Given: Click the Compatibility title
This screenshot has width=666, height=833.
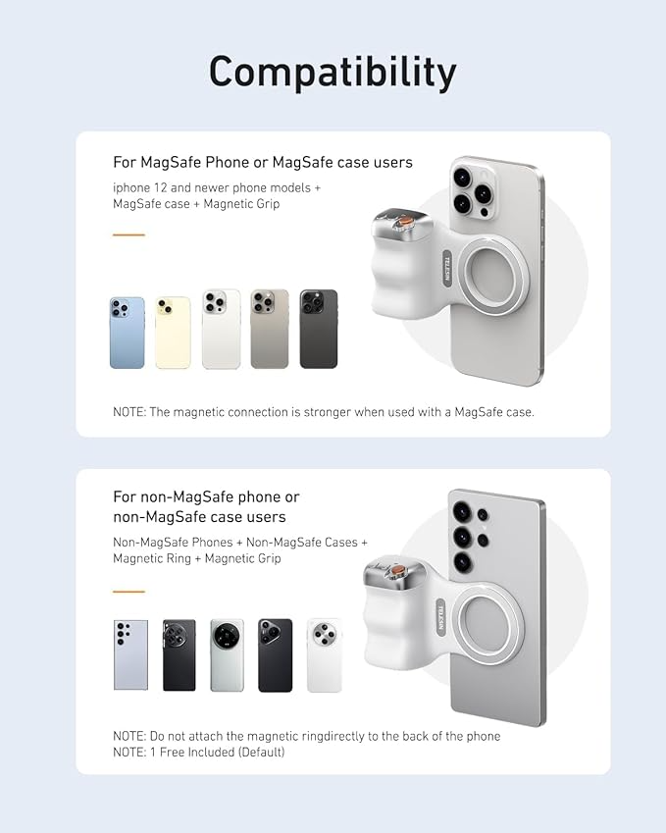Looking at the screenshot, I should pyautogui.click(x=333, y=73).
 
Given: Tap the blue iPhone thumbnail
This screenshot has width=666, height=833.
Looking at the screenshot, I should pyautogui.click(x=127, y=333).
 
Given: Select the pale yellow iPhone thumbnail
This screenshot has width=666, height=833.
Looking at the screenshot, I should pyautogui.click(x=173, y=333).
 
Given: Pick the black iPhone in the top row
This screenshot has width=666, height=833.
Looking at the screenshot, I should pyautogui.click(x=318, y=330).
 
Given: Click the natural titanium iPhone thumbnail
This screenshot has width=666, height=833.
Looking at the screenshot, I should pyautogui.click(x=270, y=330).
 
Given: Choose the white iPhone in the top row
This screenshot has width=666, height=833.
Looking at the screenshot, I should pyautogui.click(x=221, y=330).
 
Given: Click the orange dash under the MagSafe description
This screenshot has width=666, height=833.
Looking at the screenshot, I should pyautogui.click(x=128, y=235).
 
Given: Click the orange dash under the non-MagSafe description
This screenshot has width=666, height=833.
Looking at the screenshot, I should pyautogui.click(x=128, y=592).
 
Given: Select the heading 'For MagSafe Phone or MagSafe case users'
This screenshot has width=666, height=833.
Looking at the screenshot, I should pyautogui.click(x=263, y=162).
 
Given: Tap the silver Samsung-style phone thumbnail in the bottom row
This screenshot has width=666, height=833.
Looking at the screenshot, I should pyautogui.click(x=130, y=654).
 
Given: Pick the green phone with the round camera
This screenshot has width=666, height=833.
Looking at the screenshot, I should pyautogui.click(x=227, y=654).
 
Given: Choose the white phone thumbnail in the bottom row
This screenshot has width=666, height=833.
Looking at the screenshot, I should pyautogui.click(x=324, y=654).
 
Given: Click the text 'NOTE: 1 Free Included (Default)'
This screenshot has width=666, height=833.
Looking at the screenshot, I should pyautogui.click(x=199, y=752).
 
